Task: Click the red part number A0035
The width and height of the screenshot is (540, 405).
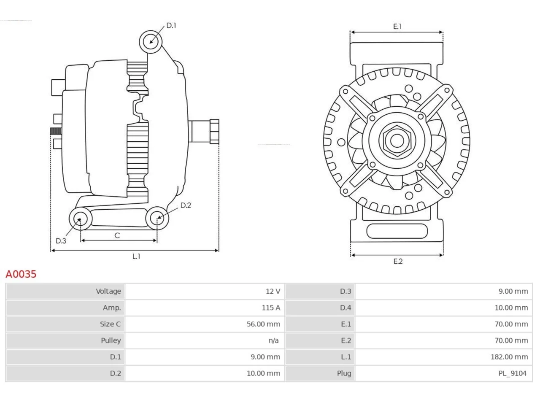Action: (x=21, y=274)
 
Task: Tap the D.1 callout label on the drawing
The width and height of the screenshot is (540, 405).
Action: (x=171, y=25)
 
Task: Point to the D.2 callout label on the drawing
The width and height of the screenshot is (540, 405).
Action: (x=186, y=205)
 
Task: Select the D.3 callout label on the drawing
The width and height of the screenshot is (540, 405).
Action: (x=61, y=241)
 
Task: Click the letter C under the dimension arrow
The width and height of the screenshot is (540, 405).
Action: (x=117, y=235)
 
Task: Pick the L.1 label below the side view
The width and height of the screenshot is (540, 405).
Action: (x=136, y=256)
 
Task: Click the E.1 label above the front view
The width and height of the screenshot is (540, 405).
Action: (x=397, y=26)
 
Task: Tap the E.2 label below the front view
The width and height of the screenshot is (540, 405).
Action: (x=398, y=262)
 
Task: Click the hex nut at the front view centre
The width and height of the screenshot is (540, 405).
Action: (x=397, y=141)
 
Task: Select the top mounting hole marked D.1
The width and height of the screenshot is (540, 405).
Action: (x=151, y=42)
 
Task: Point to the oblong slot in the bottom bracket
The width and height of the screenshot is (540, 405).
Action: (x=397, y=231)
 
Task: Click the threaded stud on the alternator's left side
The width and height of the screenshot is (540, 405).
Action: (x=56, y=131)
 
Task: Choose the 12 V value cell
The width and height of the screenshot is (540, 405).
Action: (x=273, y=292)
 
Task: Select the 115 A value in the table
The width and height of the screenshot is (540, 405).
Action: (x=271, y=308)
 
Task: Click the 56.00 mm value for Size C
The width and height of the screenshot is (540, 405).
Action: (x=263, y=324)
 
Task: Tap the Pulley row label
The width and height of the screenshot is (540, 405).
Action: (x=111, y=340)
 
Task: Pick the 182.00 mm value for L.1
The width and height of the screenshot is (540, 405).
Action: (x=509, y=357)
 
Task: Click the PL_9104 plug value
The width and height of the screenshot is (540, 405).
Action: (x=513, y=373)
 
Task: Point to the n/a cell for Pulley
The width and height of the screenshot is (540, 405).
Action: (x=273, y=340)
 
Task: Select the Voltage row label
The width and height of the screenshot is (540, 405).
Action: (x=108, y=292)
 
